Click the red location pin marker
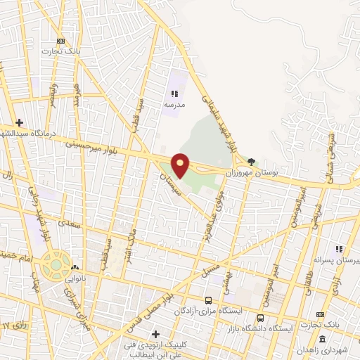[x=181, y=165]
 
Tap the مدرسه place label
[x=174, y=104]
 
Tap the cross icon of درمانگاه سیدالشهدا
[x=20, y=122]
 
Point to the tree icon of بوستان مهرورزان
[x=251, y=161]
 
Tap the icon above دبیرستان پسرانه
[x=338, y=249]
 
